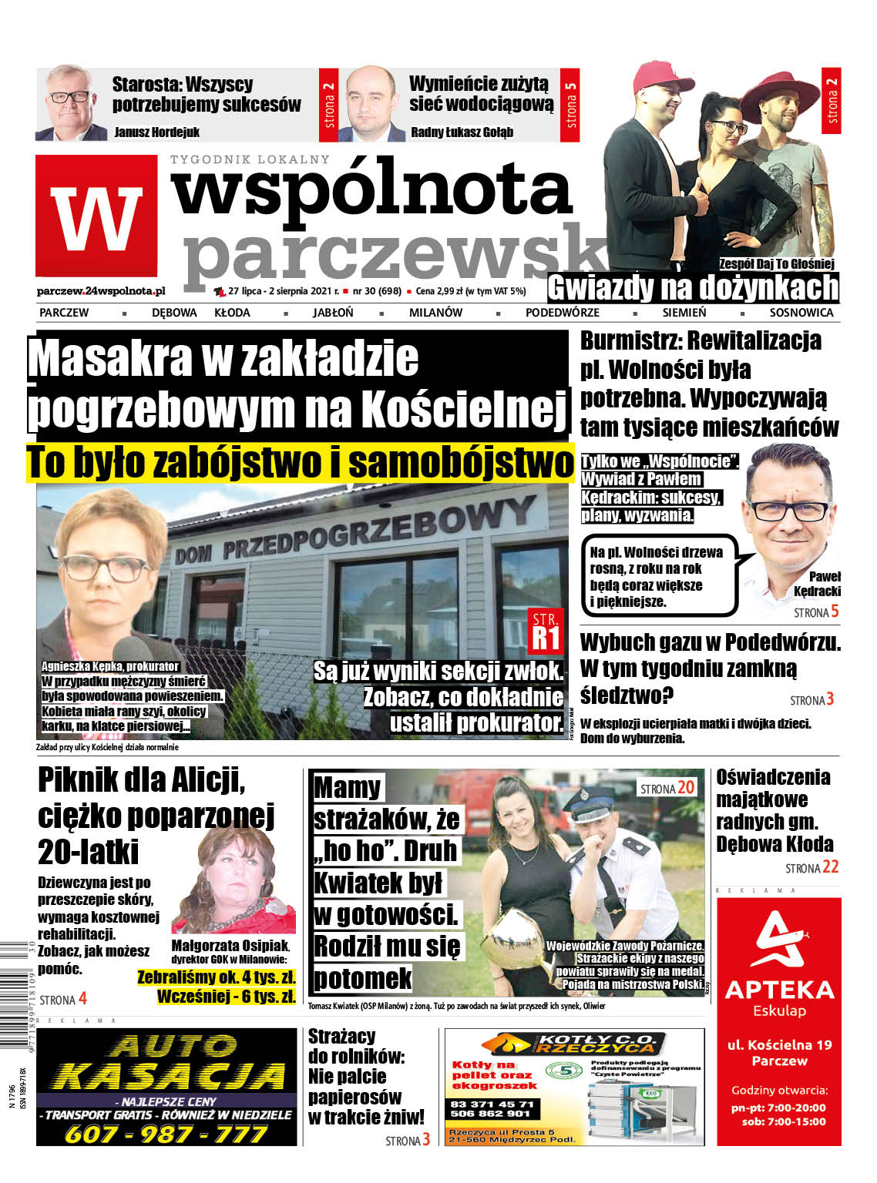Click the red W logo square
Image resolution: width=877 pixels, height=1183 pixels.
[96, 216]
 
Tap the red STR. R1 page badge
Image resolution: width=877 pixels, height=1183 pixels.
[546, 629]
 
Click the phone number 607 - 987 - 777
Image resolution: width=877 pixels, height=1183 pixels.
[166, 1134]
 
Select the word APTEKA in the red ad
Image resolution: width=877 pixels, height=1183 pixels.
[779, 990]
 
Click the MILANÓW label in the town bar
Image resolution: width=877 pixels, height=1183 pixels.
[435, 313]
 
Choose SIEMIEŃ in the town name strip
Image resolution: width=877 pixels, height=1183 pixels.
[684, 313]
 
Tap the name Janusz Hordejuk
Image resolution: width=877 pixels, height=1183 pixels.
[156, 132]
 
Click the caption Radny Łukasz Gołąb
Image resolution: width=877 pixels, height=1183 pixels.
[462, 132]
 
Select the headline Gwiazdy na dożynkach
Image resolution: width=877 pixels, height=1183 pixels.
[692, 289]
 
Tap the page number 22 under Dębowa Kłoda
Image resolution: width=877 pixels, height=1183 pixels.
[830, 867]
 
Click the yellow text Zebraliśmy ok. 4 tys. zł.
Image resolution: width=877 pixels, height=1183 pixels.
[217, 977]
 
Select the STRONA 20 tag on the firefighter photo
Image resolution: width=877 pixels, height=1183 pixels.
[667, 788]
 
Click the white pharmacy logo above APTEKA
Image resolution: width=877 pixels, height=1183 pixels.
[779, 939]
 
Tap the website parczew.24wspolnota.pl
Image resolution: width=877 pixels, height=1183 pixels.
[100, 291]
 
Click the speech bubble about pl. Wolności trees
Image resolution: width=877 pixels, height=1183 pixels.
[656, 576]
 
